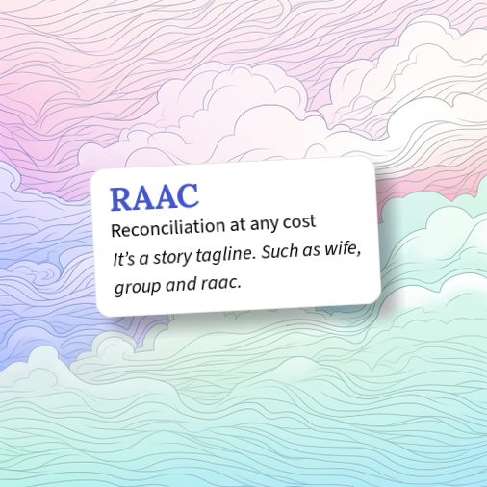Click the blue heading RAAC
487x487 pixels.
coord(154,196)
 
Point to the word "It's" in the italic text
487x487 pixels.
coord(124,259)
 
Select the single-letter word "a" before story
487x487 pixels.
coord(144,258)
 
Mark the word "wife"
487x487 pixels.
coord(340,246)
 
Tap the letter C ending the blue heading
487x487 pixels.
coord(187,194)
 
